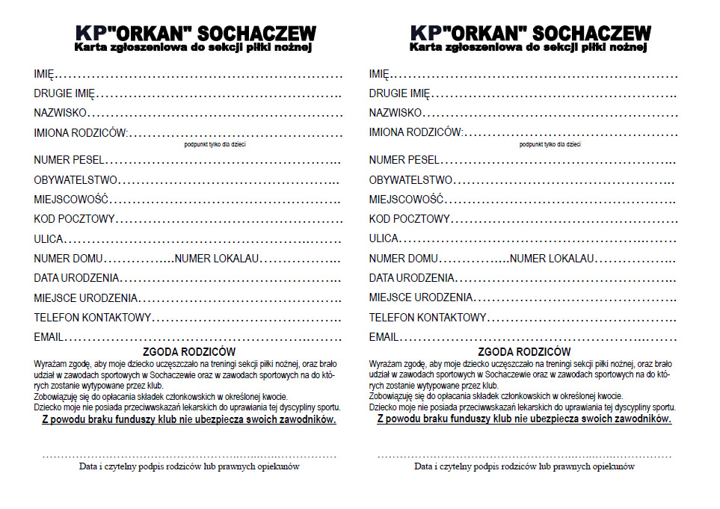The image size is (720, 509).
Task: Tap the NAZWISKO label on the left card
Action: coord(61,113)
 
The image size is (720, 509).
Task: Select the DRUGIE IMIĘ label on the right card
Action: coord(400,93)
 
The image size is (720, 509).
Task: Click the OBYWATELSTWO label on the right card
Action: coord(410,180)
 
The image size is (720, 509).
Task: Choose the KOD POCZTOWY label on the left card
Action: coord(74,219)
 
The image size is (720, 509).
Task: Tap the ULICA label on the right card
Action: coord(384,238)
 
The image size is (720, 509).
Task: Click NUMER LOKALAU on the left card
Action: coord(216,258)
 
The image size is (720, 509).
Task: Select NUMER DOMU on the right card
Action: coord(404,258)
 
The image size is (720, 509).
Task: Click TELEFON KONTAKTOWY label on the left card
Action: coord(93,318)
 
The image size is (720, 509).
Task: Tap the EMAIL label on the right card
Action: coord(384,337)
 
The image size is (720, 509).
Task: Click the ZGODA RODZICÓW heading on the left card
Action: coord(188,351)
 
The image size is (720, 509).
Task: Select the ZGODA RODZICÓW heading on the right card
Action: coord(523,351)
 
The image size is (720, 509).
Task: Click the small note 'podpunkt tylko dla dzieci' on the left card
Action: coord(215,144)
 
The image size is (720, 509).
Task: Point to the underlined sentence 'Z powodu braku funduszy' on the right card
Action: coord(523,419)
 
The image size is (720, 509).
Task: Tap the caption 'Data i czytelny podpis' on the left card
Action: coord(189,466)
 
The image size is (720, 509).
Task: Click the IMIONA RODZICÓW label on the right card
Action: coord(415,133)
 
